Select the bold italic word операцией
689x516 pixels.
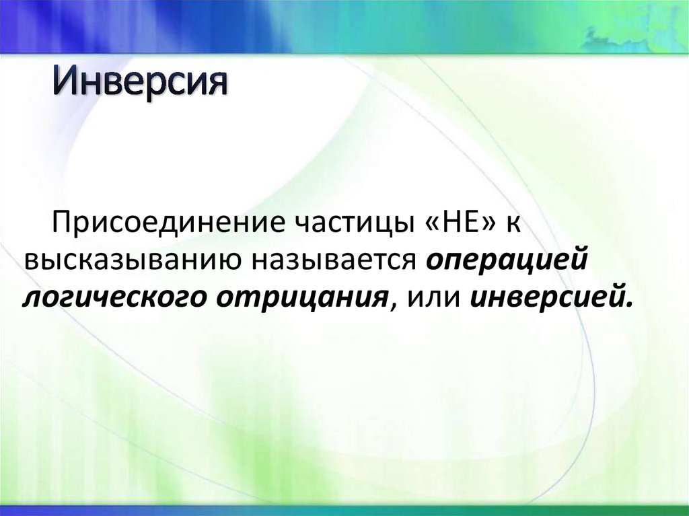(x=506, y=260)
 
